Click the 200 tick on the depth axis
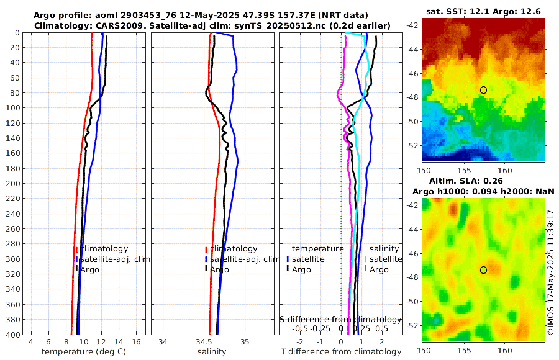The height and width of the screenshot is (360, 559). (14, 183)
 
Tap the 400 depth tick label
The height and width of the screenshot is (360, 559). (14, 335)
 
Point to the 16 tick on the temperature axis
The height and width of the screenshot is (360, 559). (135, 342)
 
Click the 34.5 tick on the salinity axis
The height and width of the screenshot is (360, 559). (204, 342)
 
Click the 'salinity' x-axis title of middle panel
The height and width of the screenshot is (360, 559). (212, 352)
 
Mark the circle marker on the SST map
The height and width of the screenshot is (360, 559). (483, 90)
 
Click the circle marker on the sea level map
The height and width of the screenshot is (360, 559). (483, 270)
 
